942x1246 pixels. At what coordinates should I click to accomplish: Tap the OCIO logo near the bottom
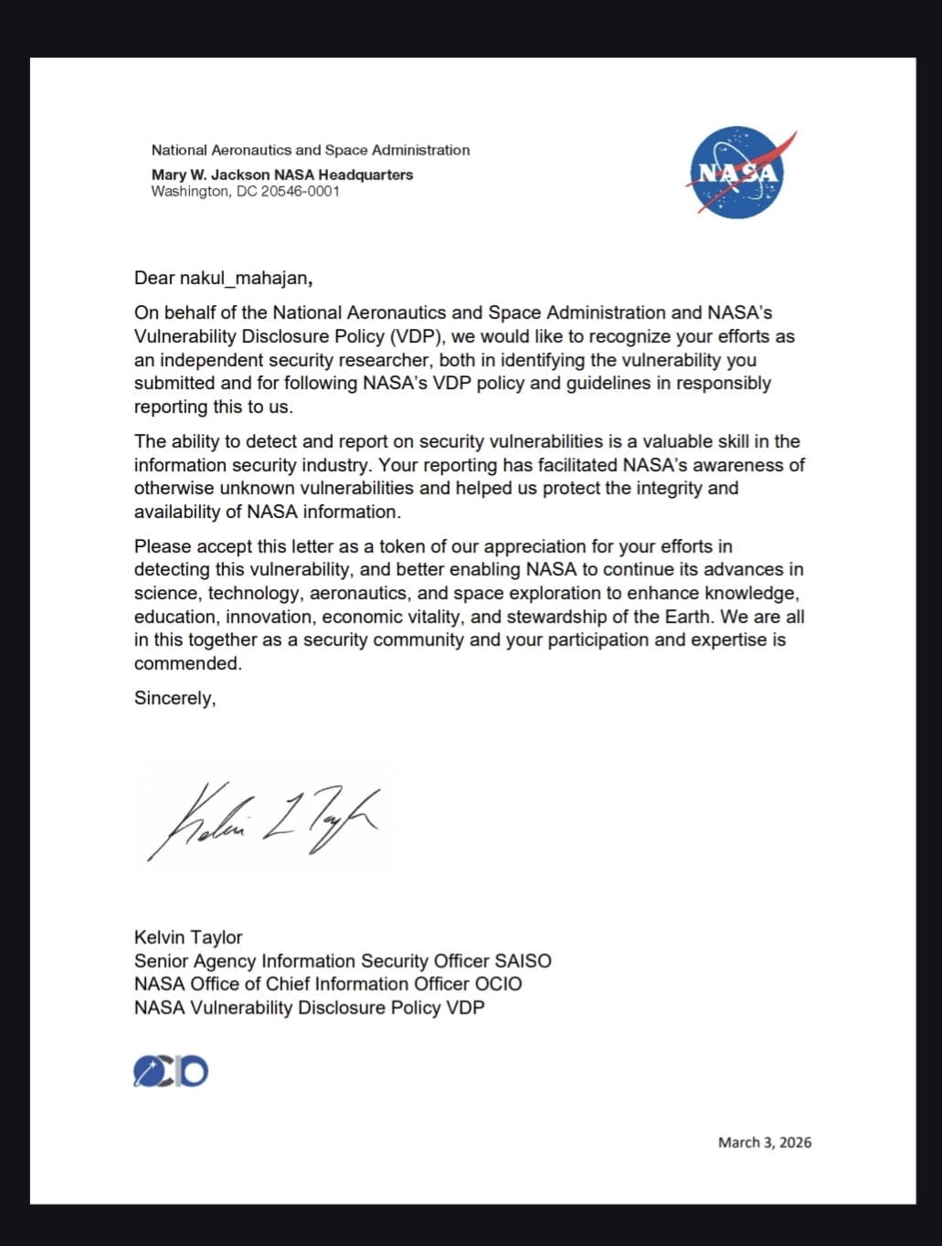pos(171,1071)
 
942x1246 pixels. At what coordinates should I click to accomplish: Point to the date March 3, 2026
pos(765,1142)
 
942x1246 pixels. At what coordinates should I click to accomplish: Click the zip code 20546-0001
pos(301,192)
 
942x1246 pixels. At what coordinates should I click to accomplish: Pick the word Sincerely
pos(175,698)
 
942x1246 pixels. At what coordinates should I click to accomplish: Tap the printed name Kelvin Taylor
pos(188,937)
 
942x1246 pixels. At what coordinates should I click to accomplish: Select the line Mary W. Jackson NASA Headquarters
pos(281,174)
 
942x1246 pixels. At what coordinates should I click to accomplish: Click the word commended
pos(187,663)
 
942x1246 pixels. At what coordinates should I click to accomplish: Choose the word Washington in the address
pos(190,192)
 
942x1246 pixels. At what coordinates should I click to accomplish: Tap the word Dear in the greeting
pos(154,279)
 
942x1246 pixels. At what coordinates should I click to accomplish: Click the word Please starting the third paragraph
pos(163,546)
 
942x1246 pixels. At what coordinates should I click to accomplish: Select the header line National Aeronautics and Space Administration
pos(311,150)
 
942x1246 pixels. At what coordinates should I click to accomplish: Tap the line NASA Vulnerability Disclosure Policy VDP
pos(309,1008)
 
